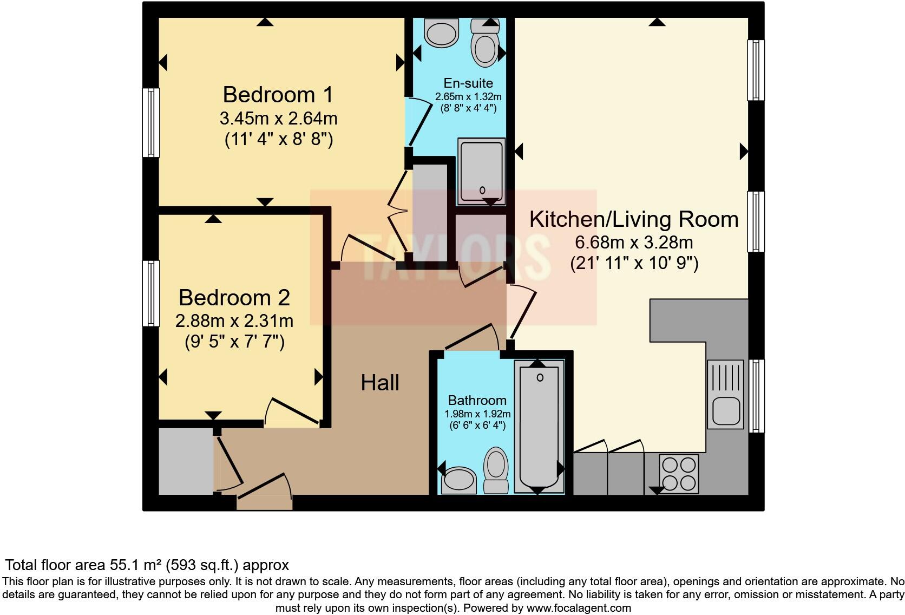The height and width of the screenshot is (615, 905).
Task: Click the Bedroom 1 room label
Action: (278, 95)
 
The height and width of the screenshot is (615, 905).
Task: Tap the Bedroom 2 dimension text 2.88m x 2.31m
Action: (234, 321)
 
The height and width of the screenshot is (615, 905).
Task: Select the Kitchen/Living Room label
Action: (633, 219)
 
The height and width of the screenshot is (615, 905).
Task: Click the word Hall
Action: (380, 383)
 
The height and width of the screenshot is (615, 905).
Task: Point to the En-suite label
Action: (468, 83)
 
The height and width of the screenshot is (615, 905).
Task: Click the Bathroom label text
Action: (477, 400)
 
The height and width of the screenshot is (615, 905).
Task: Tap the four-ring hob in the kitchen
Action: (679, 474)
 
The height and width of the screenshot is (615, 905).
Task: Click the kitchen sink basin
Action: (725, 411)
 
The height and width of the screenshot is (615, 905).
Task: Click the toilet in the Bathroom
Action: (495, 468)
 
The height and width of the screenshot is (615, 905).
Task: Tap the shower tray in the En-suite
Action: (482, 171)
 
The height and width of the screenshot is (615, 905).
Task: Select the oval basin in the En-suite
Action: (442, 33)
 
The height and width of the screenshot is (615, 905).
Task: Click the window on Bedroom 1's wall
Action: (151, 123)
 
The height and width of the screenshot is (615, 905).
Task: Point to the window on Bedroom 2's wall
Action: (151, 293)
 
